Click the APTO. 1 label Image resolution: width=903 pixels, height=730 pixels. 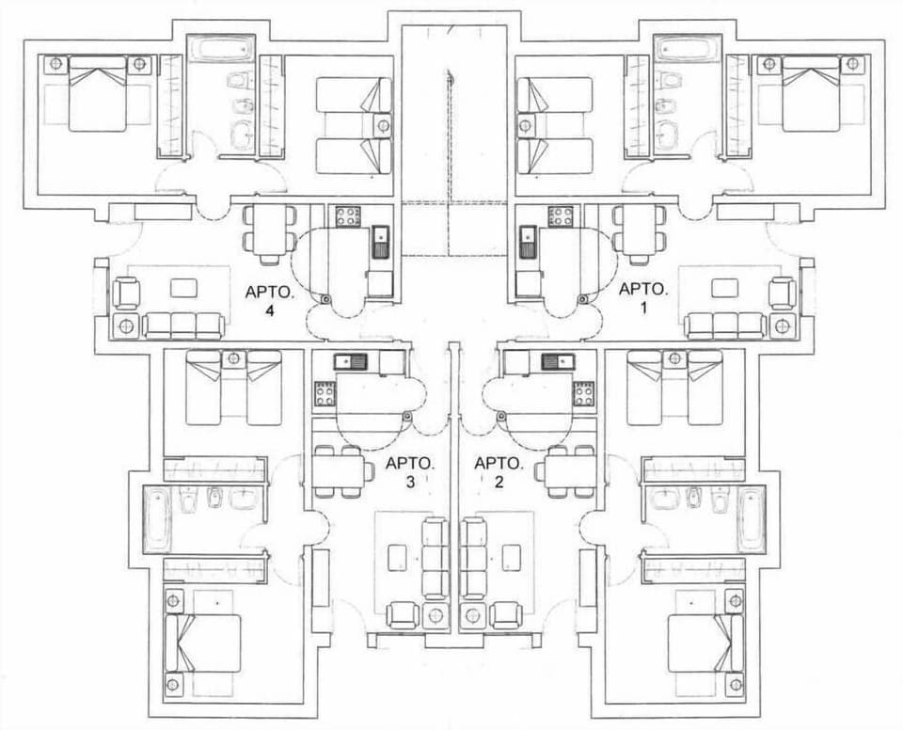tap(642, 301)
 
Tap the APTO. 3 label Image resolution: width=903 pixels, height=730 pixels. tap(410, 472)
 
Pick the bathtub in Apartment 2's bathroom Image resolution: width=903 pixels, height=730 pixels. tap(752, 520)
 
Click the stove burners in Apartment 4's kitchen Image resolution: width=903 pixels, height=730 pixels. tap(347, 217)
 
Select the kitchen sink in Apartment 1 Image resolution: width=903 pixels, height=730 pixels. tap(527, 242)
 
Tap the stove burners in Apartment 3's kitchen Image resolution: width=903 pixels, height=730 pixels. tap(325, 393)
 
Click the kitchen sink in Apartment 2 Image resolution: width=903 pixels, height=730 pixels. tap(553, 359)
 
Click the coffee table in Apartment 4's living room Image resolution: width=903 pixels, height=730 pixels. tap(183, 287)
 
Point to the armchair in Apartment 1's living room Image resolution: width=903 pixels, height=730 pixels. tap(783, 293)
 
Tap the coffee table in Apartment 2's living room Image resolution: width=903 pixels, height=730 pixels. tap(513, 557)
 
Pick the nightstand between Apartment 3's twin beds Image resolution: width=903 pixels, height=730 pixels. tap(233, 358)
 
